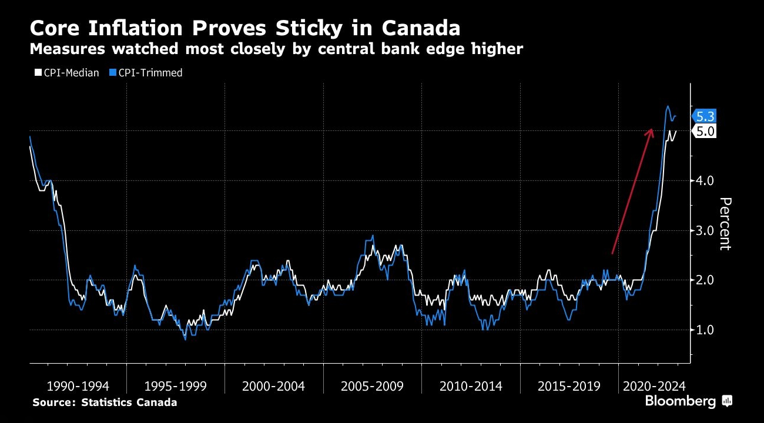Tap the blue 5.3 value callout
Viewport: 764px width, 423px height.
(704, 116)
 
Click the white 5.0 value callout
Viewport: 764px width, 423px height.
(704, 131)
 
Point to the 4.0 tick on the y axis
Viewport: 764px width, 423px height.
(705, 180)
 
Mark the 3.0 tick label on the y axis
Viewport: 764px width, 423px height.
(705, 230)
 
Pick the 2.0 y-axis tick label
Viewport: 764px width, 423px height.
(705, 280)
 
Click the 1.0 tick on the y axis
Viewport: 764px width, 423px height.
(705, 330)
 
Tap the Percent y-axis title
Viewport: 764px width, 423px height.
(725, 223)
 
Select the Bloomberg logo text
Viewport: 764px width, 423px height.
(681, 401)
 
